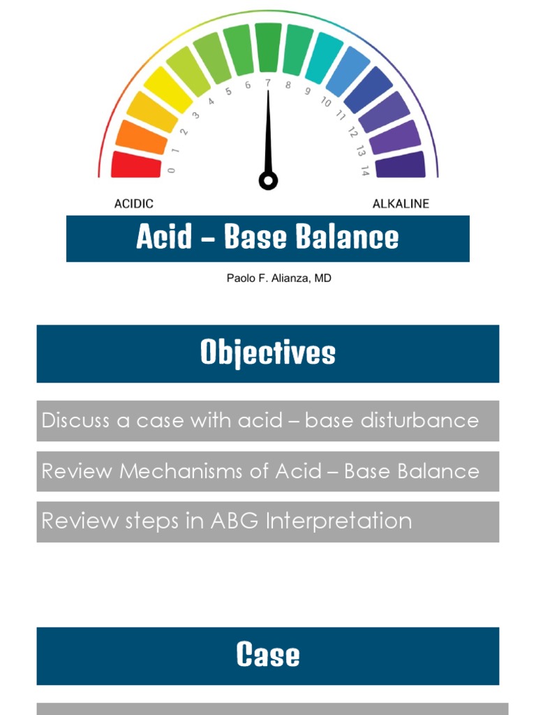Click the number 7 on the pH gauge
pos(268,82)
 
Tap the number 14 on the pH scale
pos(364,170)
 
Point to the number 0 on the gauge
pos(172,170)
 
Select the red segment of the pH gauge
pos(136,165)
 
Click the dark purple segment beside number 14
pos(400,165)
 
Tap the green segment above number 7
pos(268,47)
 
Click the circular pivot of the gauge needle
pos(268,181)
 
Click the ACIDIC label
pos(133,204)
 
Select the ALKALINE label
pos(401,204)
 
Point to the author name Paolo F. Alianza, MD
pos(269,278)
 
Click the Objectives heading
pos(268,353)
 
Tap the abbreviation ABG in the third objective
pos(238,521)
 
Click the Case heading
pos(268,655)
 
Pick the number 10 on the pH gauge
pos(326,102)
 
